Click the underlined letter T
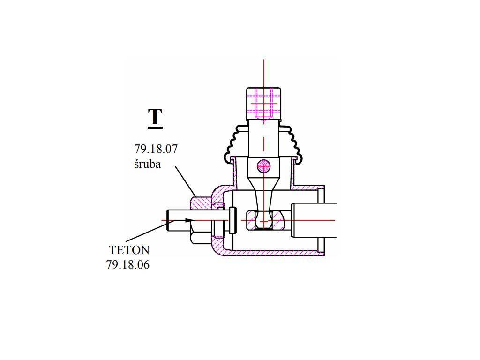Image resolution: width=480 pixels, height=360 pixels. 155,117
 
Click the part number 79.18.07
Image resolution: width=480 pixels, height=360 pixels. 156,149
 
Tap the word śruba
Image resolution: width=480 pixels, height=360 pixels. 147,164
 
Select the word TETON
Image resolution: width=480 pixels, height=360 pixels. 129,250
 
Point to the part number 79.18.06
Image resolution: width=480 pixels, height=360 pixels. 128,265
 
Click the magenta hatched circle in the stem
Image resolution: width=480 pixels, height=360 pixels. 263,167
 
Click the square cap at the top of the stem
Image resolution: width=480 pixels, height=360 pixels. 263,104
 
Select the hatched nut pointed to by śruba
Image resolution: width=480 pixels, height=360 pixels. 201,203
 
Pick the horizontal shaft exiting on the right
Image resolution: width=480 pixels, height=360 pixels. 314,220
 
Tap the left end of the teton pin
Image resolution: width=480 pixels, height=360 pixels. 167,220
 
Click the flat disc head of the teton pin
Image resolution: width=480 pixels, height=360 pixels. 232,220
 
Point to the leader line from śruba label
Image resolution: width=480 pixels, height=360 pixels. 186,181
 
